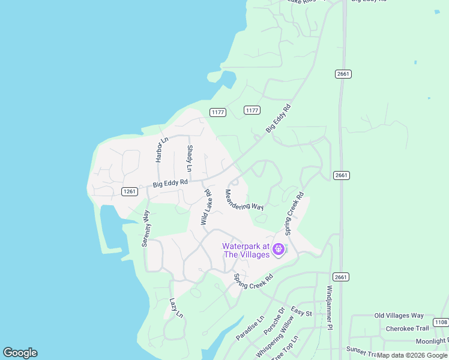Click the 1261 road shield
[x=130, y=191]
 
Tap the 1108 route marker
[x=440, y=322]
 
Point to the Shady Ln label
[x=190, y=157]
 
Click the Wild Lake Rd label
[x=206, y=208]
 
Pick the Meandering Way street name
[x=244, y=200]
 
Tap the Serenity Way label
[x=145, y=229]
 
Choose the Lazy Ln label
[x=175, y=308]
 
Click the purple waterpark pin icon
[x=279, y=249]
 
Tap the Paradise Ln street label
[x=250, y=328]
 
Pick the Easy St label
[x=301, y=312]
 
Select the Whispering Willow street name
[x=276, y=339]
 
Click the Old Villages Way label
[x=399, y=316]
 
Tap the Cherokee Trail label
[x=408, y=328]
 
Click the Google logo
[x=20, y=353]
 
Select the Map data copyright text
[x=412, y=355]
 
